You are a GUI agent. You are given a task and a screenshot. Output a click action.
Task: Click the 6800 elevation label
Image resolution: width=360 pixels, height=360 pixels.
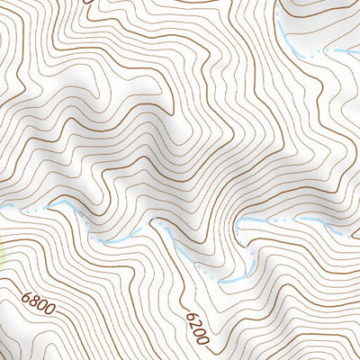(38, 304)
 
